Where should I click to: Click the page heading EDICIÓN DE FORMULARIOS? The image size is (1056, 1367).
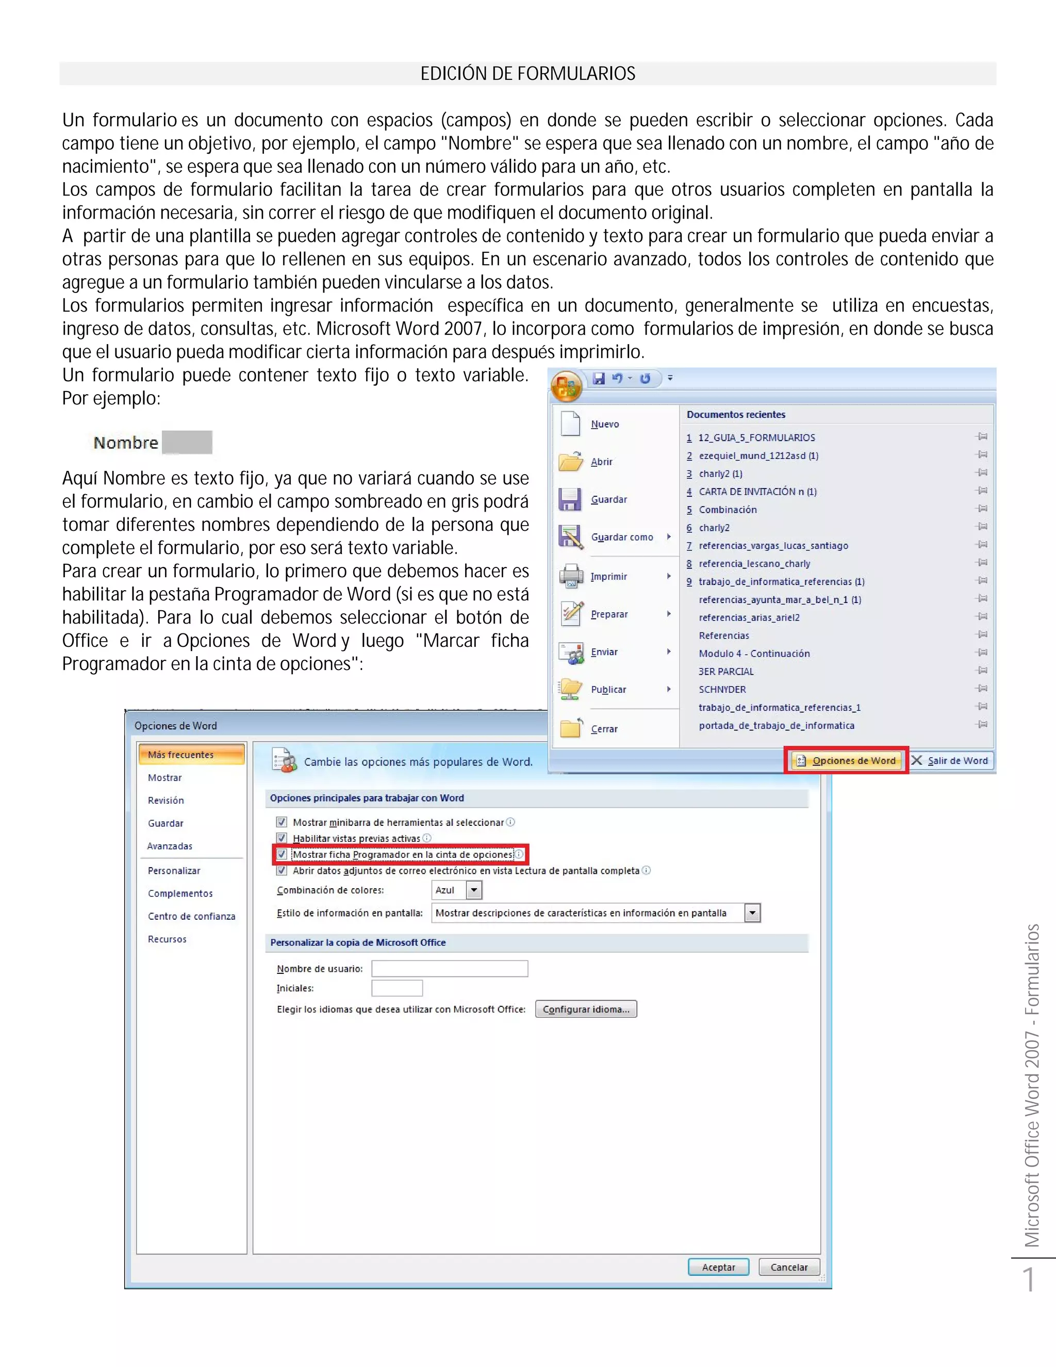[527, 74]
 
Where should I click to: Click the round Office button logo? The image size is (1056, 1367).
[566, 386]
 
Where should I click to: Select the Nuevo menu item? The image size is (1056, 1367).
[604, 425]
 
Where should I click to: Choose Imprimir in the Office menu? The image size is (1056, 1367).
[608, 577]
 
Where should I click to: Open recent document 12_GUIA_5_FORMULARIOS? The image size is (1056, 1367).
[756, 437]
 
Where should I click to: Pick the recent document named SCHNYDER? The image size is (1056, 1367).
[722, 689]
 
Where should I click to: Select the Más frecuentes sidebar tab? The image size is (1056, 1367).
[191, 754]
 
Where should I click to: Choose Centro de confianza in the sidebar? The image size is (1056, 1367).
[191, 916]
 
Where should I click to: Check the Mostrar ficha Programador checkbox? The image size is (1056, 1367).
[282, 854]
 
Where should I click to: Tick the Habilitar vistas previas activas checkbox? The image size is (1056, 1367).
[282, 838]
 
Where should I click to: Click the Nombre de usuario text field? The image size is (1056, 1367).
[449, 969]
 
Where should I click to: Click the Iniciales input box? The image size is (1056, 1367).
[397, 988]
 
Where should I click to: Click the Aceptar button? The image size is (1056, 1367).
[718, 1267]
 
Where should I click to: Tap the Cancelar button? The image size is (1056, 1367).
[789, 1267]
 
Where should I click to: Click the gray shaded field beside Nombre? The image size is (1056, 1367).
[187, 443]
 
